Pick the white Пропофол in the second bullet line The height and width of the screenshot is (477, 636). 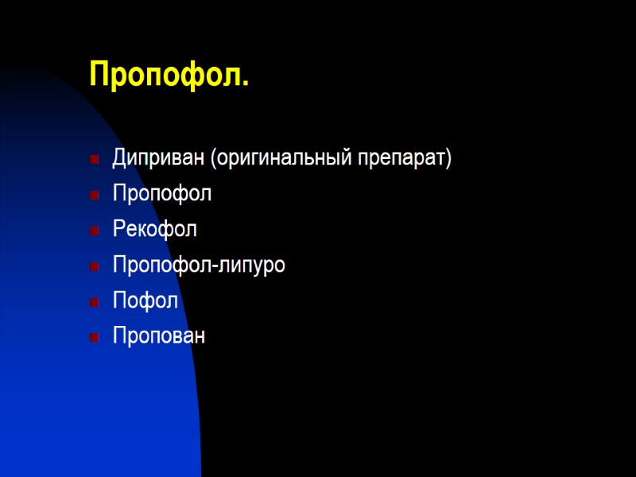click(x=162, y=194)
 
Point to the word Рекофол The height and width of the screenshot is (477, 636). click(x=155, y=230)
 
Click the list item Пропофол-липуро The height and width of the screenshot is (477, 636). click(x=199, y=266)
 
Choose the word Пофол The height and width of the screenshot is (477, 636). click(x=145, y=301)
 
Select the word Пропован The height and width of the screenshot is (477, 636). click(x=159, y=336)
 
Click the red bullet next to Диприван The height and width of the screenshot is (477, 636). click(x=95, y=159)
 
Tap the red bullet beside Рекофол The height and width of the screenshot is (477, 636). click(x=95, y=231)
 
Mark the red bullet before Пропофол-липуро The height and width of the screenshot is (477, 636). click(x=95, y=266)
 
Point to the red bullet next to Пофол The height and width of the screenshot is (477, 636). click(x=95, y=302)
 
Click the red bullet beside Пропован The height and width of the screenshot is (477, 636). click(x=95, y=337)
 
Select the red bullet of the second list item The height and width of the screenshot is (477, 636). click(x=95, y=195)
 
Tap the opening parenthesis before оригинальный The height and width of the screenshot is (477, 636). click(x=213, y=158)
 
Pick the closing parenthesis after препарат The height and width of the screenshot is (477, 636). click(x=448, y=158)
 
